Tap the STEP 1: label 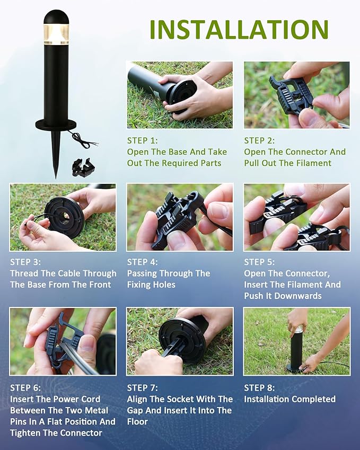143,140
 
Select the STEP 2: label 260,140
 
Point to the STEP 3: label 25,262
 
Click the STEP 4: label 143,262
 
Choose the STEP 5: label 260,262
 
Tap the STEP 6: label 25,388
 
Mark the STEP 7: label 143,388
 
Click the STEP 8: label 260,388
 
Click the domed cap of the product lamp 56,17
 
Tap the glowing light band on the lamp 56,34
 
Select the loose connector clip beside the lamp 83,167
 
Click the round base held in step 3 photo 64,217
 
